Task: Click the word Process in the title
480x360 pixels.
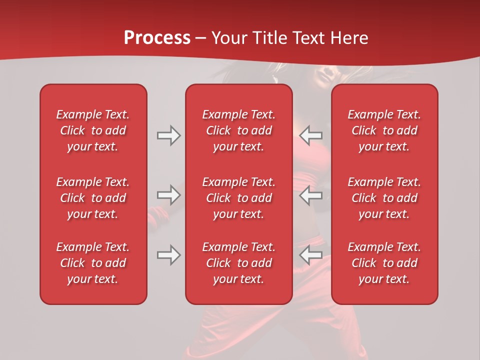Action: (x=157, y=38)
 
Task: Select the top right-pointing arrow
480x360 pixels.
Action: (x=169, y=135)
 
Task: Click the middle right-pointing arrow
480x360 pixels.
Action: (x=169, y=195)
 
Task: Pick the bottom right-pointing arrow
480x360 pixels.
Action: (x=169, y=255)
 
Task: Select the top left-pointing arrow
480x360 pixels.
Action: (x=311, y=135)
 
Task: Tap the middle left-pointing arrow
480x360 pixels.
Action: (x=311, y=195)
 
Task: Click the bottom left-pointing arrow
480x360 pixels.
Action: (x=311, y=255)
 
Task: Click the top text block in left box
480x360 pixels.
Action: (x=93, y=130)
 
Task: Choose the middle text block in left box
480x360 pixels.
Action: (x=93, y=198)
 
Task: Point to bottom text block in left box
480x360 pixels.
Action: (x=93, y=263)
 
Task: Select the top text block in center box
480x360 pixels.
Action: (x=239, y=130)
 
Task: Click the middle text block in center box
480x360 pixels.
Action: (x=239, y=198)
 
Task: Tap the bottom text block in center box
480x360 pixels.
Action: (x=239, y=263)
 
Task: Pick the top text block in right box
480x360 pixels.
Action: (x=384, y=130)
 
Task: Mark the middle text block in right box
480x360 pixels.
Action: (x=384, y=198)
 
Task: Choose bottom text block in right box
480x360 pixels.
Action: (x=384, y=263)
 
